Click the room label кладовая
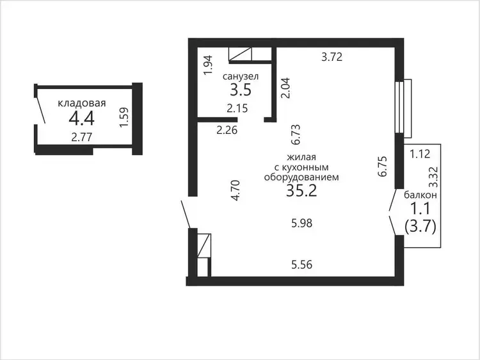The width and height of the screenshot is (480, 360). (82, 103)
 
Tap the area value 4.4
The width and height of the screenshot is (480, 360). (82, 119)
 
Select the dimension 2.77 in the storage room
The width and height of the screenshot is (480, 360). (82, 137)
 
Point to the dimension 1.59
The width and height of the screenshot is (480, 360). (124, 117)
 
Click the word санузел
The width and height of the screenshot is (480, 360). (241, 77)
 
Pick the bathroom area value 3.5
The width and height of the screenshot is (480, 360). (241, 90)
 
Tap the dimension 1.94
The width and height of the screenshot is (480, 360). (208, 65)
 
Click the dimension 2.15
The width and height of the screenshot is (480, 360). (237, 108)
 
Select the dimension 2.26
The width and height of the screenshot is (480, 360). (227, 130)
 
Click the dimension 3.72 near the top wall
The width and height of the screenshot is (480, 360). (332, 57)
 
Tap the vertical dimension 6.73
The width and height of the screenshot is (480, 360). (296, 135)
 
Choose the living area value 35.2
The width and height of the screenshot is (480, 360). (301, 191)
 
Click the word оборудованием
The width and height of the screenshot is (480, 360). (301, 177)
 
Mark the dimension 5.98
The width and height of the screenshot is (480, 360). (302, 224)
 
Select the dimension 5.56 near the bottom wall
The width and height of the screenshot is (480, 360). (302, 265)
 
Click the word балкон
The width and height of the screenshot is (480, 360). (420, 195)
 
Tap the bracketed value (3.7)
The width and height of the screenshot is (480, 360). (420, 227)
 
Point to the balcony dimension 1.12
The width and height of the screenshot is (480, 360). (420, 154)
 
